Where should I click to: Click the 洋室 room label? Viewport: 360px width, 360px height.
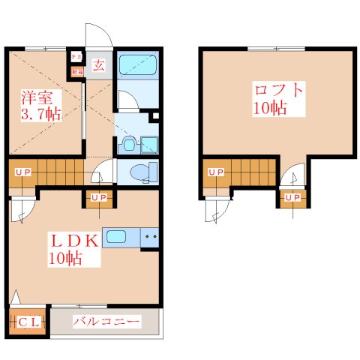pyautogui.click(x=37, y=97)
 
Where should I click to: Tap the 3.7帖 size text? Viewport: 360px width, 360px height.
pyautogui.click(x=40, y=115)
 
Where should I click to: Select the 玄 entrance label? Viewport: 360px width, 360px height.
pyautogui.click(x=98, y=64)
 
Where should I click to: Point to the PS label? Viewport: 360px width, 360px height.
pyautogui.click(x=76, y=57)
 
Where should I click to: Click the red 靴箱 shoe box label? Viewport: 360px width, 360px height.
pyautogui.click(x=76, y=72)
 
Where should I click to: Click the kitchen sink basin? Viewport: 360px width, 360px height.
pyautogui.click(x=116, y=237)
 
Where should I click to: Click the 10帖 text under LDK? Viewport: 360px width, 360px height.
pyautogui.click(x=65, y=260)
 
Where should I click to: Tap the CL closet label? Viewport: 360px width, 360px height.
pyautogui.click(x=29, y=322)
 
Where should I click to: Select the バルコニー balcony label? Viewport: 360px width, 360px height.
pyautogui.click(x=106, y=322)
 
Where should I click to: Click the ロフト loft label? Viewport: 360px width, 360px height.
pyautogui.click(x=278, y=91)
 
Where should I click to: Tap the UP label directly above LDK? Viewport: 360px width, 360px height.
pyautogui.click(x=98, y=197)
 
